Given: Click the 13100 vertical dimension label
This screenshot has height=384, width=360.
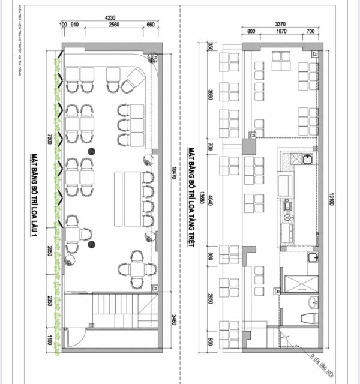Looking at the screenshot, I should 330,199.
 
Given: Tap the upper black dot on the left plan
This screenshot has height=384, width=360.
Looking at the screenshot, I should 92,151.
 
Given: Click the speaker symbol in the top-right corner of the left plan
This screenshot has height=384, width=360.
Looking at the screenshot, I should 154,58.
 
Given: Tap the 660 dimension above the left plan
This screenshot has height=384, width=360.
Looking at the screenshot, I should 151,25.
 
